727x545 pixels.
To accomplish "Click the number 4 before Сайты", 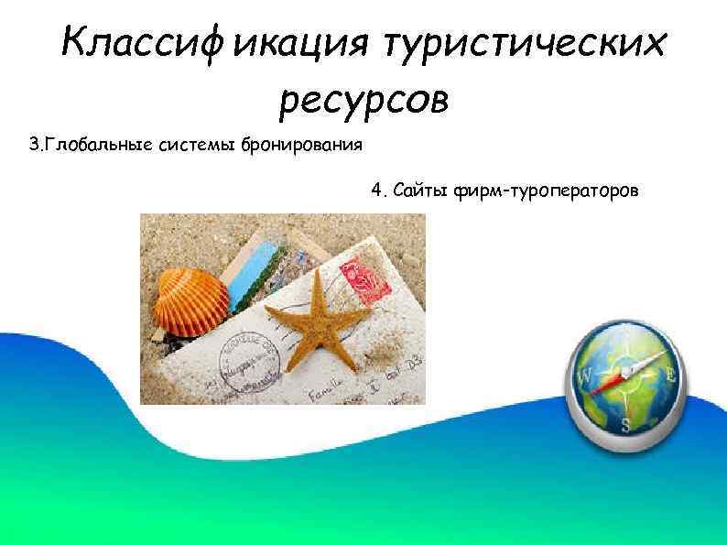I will click(376, 190).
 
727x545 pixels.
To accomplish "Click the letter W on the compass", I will click(583, 376).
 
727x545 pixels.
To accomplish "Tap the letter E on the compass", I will click(671, 376).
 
